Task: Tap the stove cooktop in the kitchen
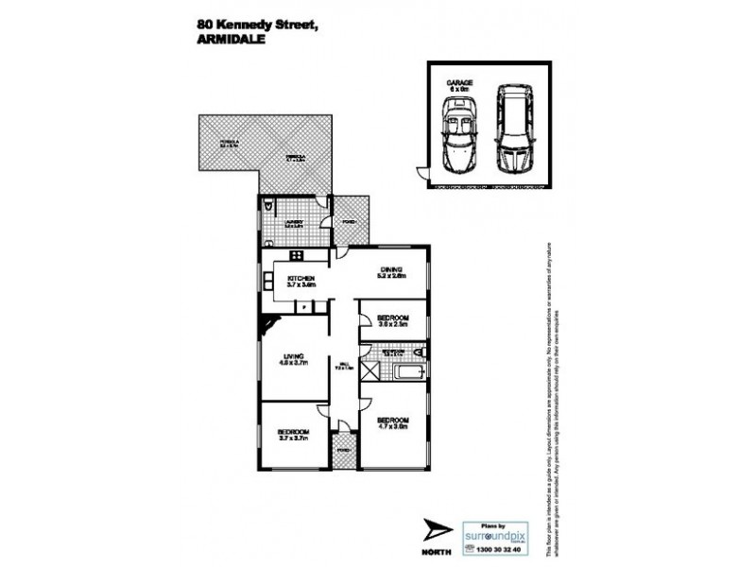(295, 254)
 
